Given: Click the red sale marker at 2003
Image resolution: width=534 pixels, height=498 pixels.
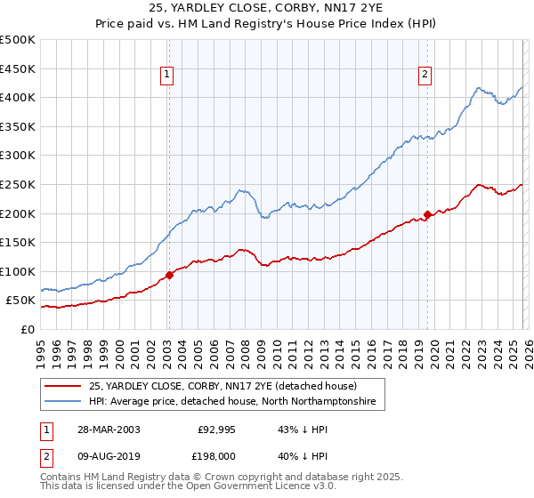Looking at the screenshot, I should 170,275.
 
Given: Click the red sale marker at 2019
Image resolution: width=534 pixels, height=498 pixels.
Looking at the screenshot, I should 427,213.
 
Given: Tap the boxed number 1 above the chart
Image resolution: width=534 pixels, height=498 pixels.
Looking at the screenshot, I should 167,75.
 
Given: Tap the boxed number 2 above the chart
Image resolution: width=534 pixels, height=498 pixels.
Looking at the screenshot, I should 425,75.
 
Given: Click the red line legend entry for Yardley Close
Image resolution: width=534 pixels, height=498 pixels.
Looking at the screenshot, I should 222,387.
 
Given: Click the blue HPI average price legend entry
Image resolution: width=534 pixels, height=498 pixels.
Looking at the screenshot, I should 231,402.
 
